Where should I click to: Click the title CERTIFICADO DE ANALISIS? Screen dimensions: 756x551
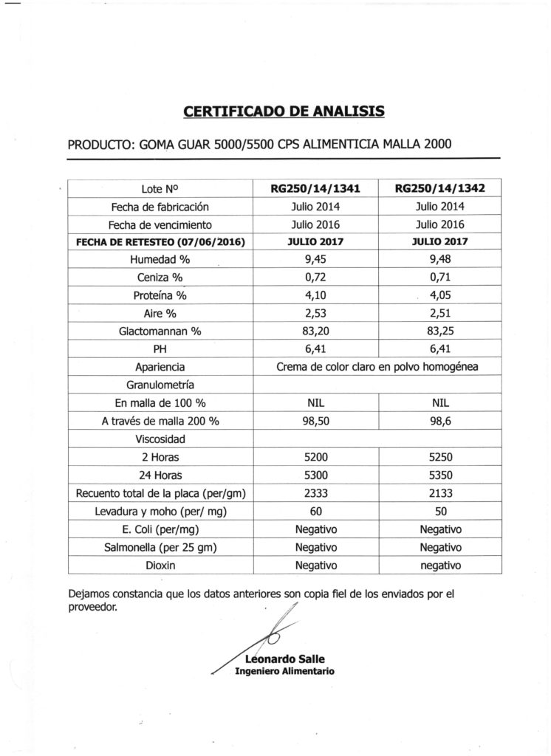(x=284, y=112)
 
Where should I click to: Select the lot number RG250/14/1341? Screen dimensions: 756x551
(x=316, y=189)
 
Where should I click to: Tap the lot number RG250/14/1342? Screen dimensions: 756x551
(x=439, y=189)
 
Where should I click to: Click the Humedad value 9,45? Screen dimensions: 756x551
(x=316, y=259)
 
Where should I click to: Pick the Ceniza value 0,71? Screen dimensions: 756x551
(x=439, y=277)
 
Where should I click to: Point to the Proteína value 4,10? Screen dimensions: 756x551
(x=316, y=295)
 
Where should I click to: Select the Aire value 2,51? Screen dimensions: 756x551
(x=439, y=313)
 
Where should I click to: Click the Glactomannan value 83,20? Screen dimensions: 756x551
(x=316, y=331)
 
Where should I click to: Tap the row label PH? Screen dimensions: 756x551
(x=160, y=348)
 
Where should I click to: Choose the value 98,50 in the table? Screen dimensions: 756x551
(x=316, y=421)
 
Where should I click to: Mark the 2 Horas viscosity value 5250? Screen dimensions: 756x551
(x=439, y=457)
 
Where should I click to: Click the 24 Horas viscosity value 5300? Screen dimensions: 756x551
(x=316, y=475)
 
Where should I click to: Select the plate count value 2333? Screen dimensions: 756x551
(x=316, y=493)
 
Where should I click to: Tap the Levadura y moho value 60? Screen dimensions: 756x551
(x=316, y=511)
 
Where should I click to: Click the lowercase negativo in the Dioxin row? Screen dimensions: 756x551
(x=439, y=565)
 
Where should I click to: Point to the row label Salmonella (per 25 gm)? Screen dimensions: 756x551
(x=160, y=547)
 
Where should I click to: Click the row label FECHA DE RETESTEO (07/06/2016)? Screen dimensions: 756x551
(x=160, y=241)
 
